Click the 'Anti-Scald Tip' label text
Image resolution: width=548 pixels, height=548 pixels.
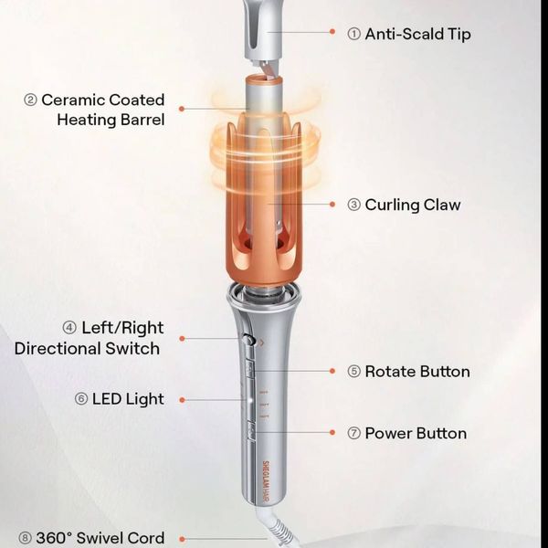(x=417, y=35)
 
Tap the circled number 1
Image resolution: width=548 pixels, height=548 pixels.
(x=353, y=34)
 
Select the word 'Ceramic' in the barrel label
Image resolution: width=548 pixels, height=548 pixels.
(x=73, y=100)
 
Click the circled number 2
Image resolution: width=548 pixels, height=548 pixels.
(x=30, y=100)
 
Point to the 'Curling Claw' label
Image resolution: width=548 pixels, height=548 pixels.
(x=413, y=205)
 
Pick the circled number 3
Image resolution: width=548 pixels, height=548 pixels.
(x=353, y=205)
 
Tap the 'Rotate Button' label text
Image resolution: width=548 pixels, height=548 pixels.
(x=417, y=372)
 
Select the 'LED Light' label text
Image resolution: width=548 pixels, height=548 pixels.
(x=128, y=399)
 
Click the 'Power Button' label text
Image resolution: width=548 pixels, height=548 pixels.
(x=416, y=433)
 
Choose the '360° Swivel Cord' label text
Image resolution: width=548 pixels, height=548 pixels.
(x=100, y=538)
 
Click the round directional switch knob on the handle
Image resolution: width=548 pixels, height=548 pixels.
(x=248, y=340)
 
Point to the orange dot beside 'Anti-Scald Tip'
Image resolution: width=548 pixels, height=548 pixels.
(x=332, y=32)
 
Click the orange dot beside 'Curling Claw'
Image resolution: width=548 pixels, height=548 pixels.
(x=332, y=204)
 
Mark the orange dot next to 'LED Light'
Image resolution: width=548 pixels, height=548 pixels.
(x=182, y=400)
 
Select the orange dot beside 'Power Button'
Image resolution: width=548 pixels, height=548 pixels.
(x=332, y=433)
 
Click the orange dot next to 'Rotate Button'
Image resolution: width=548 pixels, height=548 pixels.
(x=332, y=371)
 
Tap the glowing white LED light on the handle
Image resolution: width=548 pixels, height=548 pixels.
(x=250, y=401)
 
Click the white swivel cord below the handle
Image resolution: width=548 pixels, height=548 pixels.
(x=276, y=528)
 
